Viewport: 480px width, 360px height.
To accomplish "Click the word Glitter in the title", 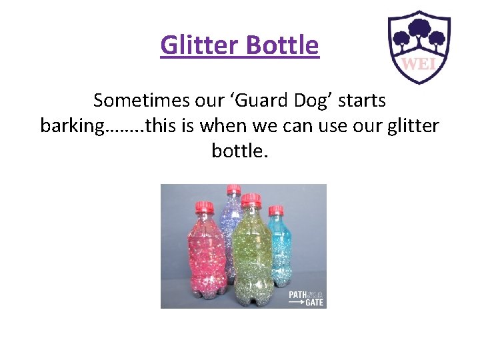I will pyautogui.click(x=201, y=45).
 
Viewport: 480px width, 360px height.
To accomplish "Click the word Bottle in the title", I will pyautogui.click(x=283, y=45).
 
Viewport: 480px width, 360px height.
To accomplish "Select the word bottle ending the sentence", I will pyautogui.click(x=238, y=151).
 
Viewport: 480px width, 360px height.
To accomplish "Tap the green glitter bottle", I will pyautogui.click(x=251, y=253).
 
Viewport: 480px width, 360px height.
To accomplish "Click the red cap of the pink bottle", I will pyautogui.click(x=204, y=207).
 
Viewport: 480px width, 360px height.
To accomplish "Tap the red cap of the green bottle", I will pyautogui.click(x=251, y=199).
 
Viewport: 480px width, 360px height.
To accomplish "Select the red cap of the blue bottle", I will pyautogui.click(x=276, y=211).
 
